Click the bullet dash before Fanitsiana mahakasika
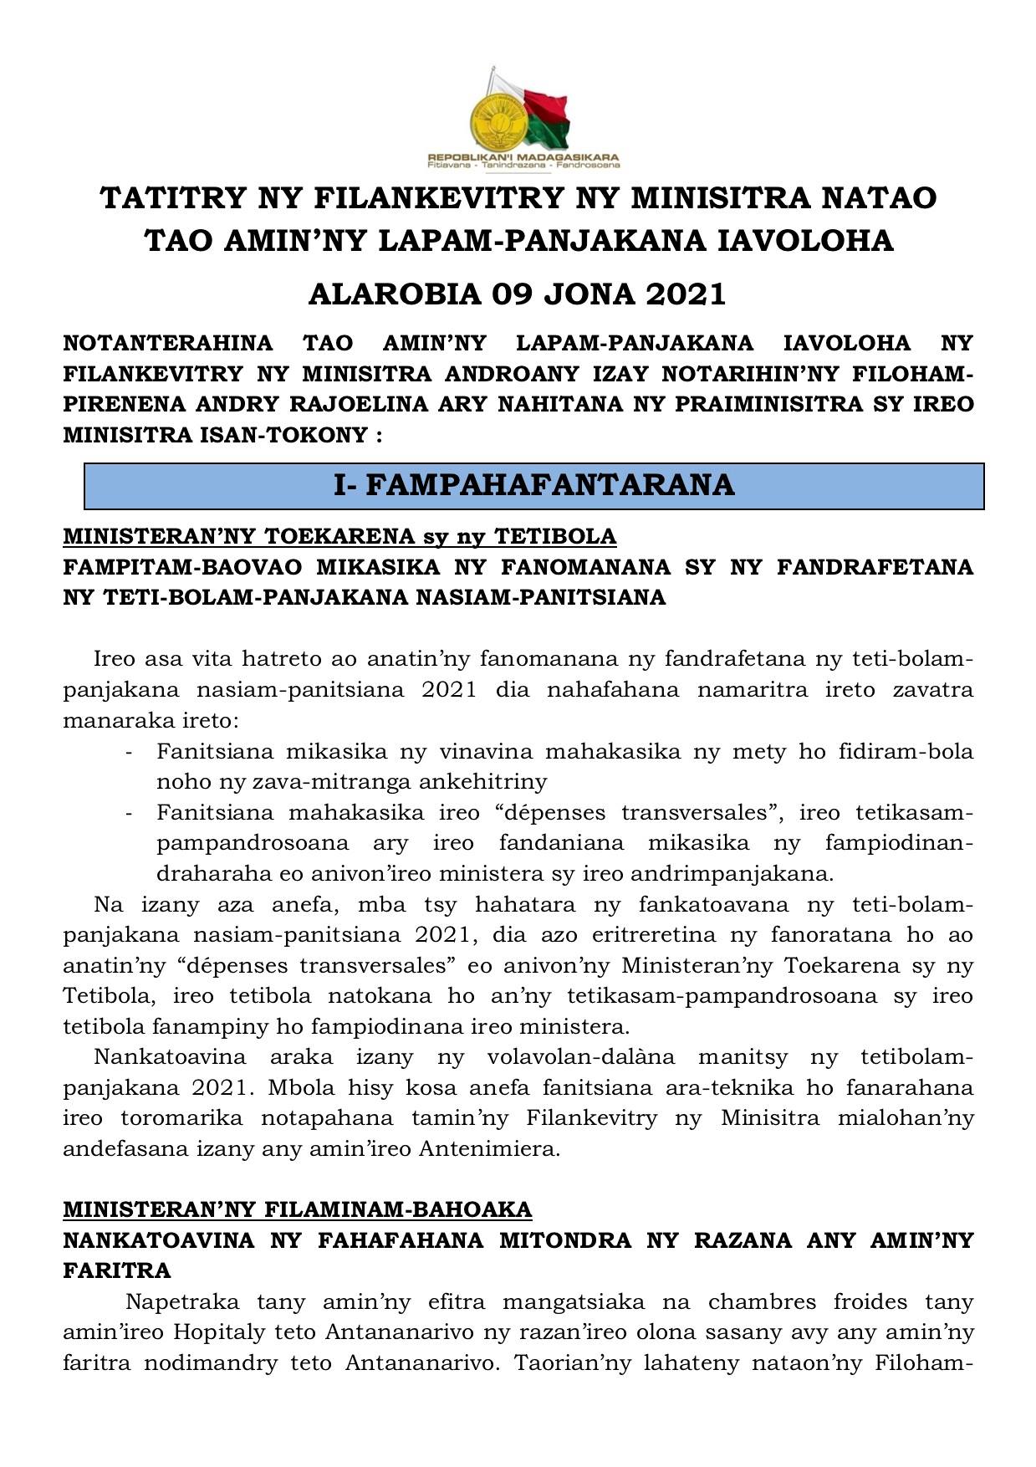(129, 813)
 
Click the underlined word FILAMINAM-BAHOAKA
(398, 1209)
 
